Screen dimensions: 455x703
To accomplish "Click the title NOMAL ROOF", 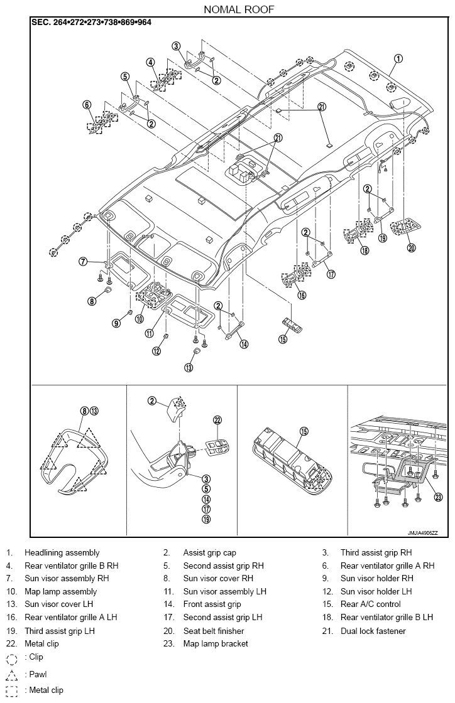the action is (x=239, y=9).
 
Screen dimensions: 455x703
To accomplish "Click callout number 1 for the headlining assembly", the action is (x=398, y=58).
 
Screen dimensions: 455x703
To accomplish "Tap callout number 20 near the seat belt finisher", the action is (x=410, y=247).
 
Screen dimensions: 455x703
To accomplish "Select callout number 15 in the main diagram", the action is (x=283, y=339).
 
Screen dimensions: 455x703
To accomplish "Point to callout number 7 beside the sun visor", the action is (x=83, y=261).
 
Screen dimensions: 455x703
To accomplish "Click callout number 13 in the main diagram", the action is (x=189, y=367).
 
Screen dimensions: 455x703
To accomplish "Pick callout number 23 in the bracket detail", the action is (x=439, y=496).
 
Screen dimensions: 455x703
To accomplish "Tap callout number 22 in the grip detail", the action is (x=217, y=420).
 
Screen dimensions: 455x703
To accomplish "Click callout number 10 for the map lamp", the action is (x=139, y=319).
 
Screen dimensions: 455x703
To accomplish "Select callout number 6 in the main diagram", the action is (x=87, y=105).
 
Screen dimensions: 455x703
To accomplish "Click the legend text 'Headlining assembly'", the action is (x=62, y=553).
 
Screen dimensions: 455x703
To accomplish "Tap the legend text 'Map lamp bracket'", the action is (x=216, y=643).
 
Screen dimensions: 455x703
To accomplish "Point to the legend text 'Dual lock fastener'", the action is (x=373, y=631).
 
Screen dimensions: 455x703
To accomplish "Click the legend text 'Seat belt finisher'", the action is (x=214, y=631).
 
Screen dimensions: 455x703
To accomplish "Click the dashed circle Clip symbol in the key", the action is (x=12, y=658).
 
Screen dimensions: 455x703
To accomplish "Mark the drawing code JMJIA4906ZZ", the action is (x=422, y=533).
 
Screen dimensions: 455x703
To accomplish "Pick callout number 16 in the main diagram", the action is (x=302, y=295).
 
